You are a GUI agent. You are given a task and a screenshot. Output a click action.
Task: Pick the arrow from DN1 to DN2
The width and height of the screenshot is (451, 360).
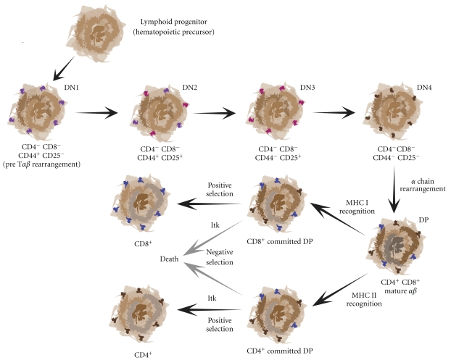(99, 113)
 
